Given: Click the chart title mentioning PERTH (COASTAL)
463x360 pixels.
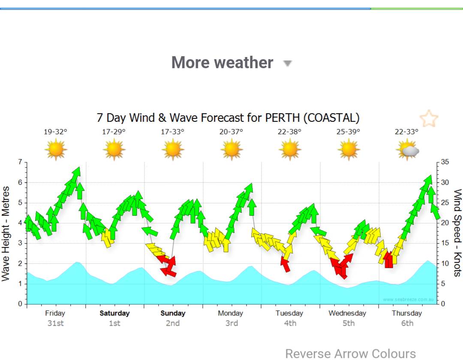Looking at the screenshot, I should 228,118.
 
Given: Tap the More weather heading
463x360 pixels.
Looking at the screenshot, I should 222,63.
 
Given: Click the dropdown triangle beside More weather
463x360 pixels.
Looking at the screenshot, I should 288,64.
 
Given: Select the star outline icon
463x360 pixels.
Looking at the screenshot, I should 429,118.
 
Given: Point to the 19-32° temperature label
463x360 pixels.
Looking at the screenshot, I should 55,132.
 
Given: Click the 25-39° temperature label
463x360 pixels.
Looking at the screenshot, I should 348,132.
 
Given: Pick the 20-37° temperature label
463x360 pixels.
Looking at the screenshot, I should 231,132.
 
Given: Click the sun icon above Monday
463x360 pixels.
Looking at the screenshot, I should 231,150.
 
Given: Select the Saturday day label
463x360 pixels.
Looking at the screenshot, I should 114,313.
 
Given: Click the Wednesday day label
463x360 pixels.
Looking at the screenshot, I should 347,313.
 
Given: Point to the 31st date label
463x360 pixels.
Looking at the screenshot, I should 55,323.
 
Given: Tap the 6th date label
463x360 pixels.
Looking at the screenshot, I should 407,323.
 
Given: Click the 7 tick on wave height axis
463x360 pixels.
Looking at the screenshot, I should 20,162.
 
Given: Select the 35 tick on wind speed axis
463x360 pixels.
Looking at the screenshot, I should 445,162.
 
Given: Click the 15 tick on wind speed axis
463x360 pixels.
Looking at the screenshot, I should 445,243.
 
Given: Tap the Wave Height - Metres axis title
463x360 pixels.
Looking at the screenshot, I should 6,234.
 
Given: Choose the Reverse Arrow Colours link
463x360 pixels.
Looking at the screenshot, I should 350,354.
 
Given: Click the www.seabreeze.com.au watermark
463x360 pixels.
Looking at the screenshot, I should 408,299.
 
